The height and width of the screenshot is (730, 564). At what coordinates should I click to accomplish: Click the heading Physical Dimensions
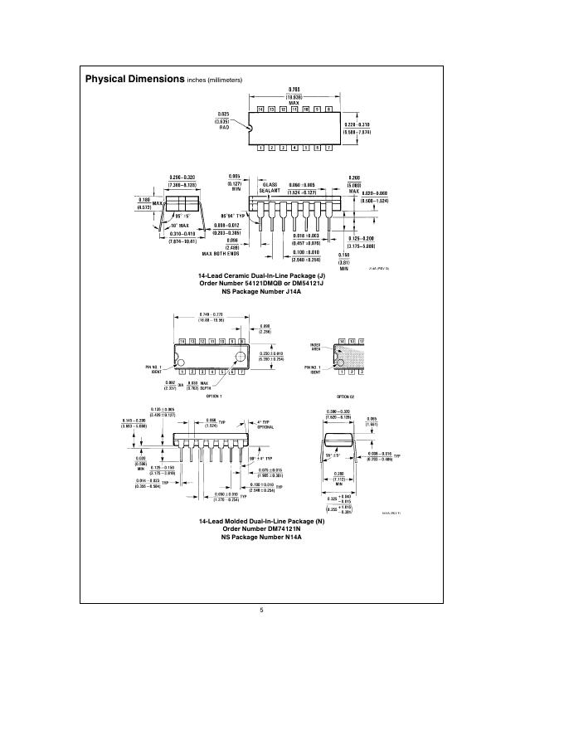pyautogui.click(x=134, y=79)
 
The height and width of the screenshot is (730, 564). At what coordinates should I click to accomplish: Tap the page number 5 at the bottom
pyautogui.click(x=261, y=611)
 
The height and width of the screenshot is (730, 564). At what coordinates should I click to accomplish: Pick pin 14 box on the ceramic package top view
pyautogui.click(x=260, y=109)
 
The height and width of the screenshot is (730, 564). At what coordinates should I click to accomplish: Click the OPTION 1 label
pyautogui.click(x=216, y=396)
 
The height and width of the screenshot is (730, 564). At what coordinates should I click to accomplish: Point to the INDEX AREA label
pyautogui.click(x=314, y=347)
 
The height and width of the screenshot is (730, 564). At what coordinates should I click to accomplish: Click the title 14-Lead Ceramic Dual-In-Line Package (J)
pyautogui.click(x=261, y=274)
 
